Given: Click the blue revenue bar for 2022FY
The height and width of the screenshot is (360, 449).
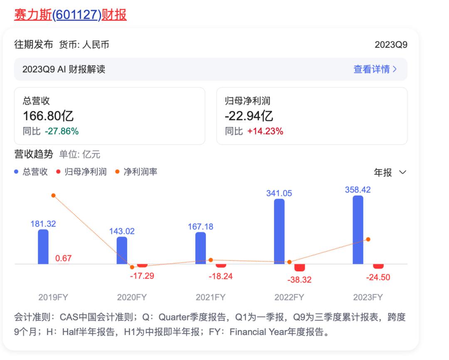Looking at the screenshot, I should click(x=279, y=231).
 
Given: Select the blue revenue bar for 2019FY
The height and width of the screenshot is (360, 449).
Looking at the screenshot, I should click(x=43, y=246).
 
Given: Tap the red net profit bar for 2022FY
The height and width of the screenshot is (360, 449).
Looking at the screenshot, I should click(x=300, y=268).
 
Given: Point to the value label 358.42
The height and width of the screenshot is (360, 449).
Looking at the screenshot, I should click(x=358, y=190).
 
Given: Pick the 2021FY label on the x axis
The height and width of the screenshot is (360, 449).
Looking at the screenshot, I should click(x=210, y=298).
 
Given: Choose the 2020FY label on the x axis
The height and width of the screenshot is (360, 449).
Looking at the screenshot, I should click(x=132, y=298).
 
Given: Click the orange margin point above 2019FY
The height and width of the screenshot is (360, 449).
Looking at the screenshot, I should click(x=53, y=196).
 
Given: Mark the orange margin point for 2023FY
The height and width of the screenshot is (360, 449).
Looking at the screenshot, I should click(x=368, y=239).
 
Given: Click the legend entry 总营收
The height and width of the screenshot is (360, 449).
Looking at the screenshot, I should click(x=32, y=171).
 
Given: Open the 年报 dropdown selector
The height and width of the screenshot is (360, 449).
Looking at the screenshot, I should click(x=390, y=172).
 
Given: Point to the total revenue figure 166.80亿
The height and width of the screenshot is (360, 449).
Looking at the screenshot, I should click(x=48, y=116).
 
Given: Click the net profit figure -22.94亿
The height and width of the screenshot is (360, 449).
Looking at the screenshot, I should click(x=249, y=116).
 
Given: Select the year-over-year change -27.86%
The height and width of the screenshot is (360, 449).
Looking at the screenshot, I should click(x=62, y=132).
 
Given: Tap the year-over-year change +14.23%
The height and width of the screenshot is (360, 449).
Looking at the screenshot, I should click(x=265, y=132).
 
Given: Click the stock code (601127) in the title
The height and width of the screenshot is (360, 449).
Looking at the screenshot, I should click(x=77, y=15).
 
